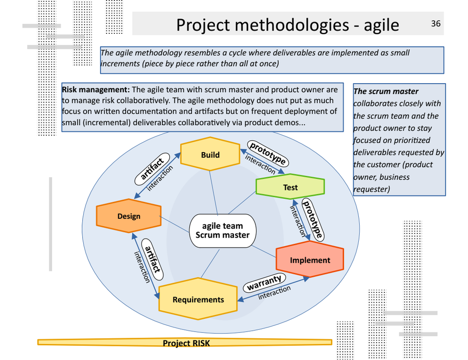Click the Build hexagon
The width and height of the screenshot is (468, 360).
coord(210,155)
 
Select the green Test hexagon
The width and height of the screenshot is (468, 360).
coord(290,187)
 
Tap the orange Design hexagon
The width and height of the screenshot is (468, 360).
coord(129,216)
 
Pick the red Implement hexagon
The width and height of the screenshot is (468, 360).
coord(310,260)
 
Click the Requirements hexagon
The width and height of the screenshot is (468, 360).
coord(198,300)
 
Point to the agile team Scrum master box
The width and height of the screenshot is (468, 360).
coord(223,231)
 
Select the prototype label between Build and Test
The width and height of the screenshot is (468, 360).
coord(268,153)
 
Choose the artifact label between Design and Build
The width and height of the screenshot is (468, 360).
coord(152,169)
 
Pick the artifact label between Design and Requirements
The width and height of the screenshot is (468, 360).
coord(153,259)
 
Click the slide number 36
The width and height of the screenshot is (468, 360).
coord(436,23)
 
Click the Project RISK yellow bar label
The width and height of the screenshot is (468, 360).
coord(186,343)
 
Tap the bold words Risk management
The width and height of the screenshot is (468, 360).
coord(96,90)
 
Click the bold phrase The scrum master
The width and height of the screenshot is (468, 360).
coord(386,91)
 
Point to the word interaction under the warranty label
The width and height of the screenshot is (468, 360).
coord(274,293)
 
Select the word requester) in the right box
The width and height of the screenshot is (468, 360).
coord(372,189)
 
